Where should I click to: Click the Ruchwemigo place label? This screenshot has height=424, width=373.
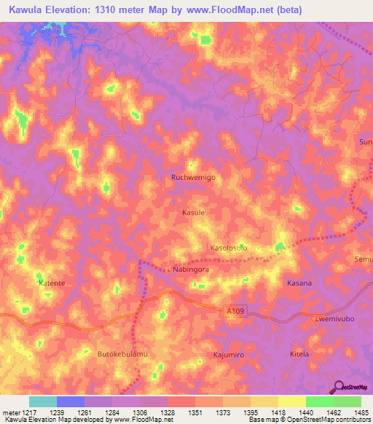193,177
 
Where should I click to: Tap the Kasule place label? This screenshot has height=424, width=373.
193,213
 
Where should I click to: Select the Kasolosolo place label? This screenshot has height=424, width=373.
229,248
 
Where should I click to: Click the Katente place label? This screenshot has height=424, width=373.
52,282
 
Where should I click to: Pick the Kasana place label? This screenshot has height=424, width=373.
299,283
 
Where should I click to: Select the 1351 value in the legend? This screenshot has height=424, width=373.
195,412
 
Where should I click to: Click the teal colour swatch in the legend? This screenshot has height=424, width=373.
43,401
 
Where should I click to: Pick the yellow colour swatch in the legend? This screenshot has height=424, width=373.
291,401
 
